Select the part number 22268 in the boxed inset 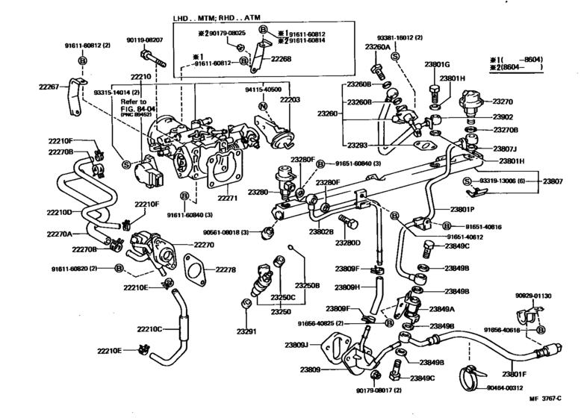click(x=282, y=58)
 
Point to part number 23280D click(x=347, y=243)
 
